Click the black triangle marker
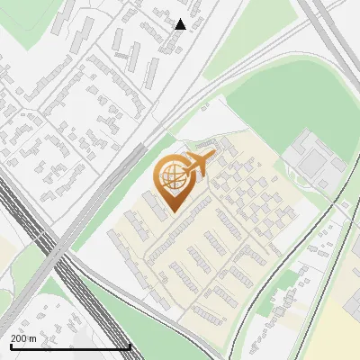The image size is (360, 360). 180,24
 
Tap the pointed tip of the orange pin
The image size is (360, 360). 171,211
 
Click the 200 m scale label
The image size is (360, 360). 22,337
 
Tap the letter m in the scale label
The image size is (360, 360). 32,337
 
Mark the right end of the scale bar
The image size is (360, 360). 130,346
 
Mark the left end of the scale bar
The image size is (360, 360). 10,346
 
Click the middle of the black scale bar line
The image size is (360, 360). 70,346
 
